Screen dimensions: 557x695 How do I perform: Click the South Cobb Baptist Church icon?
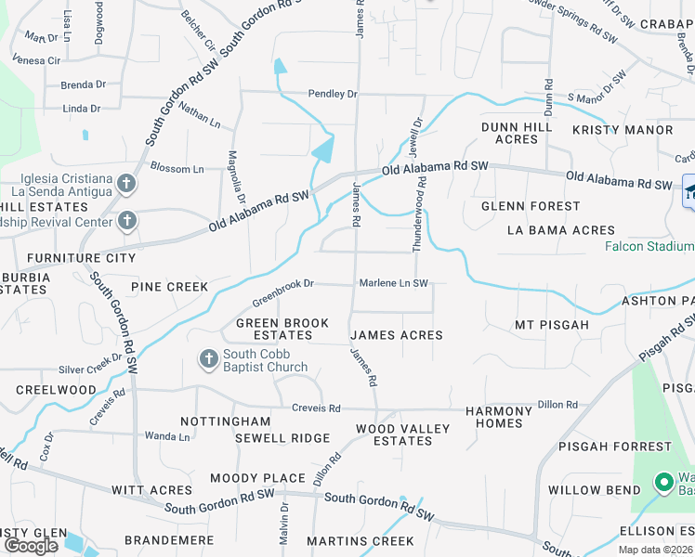click(x=209, y=358)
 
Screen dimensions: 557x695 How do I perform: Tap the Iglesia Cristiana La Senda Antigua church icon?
click(x=126, y=184)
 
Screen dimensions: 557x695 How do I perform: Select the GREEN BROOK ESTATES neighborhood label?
click(x=282, y=329)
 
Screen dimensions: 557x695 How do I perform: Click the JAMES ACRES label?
click(x=396, y=335)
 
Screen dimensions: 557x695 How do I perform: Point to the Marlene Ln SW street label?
click(x=394, y=283)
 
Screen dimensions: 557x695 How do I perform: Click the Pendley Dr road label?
click(x=333, y=95)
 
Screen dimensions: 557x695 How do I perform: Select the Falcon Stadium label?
click(x=649, y=246)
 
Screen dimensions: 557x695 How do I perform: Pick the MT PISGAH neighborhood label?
click(x=552, y=325)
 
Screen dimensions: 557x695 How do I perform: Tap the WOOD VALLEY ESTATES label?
click(x=403, y=434)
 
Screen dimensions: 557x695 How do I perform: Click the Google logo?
click(x=31, y=545)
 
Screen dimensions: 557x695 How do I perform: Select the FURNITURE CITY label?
click(x=81, y=258)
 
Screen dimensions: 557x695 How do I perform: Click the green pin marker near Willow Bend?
click(x=663, y=483)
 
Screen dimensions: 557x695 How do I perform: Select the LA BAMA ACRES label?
click(x=561, y=229)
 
